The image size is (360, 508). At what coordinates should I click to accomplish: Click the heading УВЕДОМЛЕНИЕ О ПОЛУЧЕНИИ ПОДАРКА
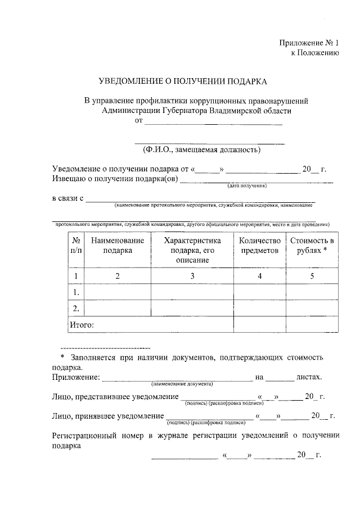[x=183, y=81]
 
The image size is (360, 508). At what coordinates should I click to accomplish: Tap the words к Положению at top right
[x=314, y=53]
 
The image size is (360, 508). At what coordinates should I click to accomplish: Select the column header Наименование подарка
[x=118, y=245]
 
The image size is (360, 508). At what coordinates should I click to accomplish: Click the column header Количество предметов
[x=259, y=245]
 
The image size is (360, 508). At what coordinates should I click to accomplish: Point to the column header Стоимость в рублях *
[x=312, y=245]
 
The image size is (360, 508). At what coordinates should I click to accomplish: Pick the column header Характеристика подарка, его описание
[x=192, y=250]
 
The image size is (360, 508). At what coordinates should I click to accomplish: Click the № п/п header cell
[x=76, y=245]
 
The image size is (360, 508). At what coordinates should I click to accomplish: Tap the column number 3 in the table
[x=192, y=276]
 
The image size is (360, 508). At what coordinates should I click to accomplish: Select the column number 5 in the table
[x=312, y=276]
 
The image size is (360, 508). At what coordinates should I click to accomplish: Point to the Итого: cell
[x=82, y=324]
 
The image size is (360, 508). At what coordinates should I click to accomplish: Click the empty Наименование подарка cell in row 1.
[x=118, y=292]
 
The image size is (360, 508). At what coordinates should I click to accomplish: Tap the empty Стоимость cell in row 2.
[x=312, y=308]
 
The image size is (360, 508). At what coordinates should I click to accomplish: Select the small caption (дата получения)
[x=246, y=185]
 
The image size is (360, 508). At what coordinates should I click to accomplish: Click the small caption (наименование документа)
[x=182, y=383]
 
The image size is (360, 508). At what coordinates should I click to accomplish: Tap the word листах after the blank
[x=309, y=377]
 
